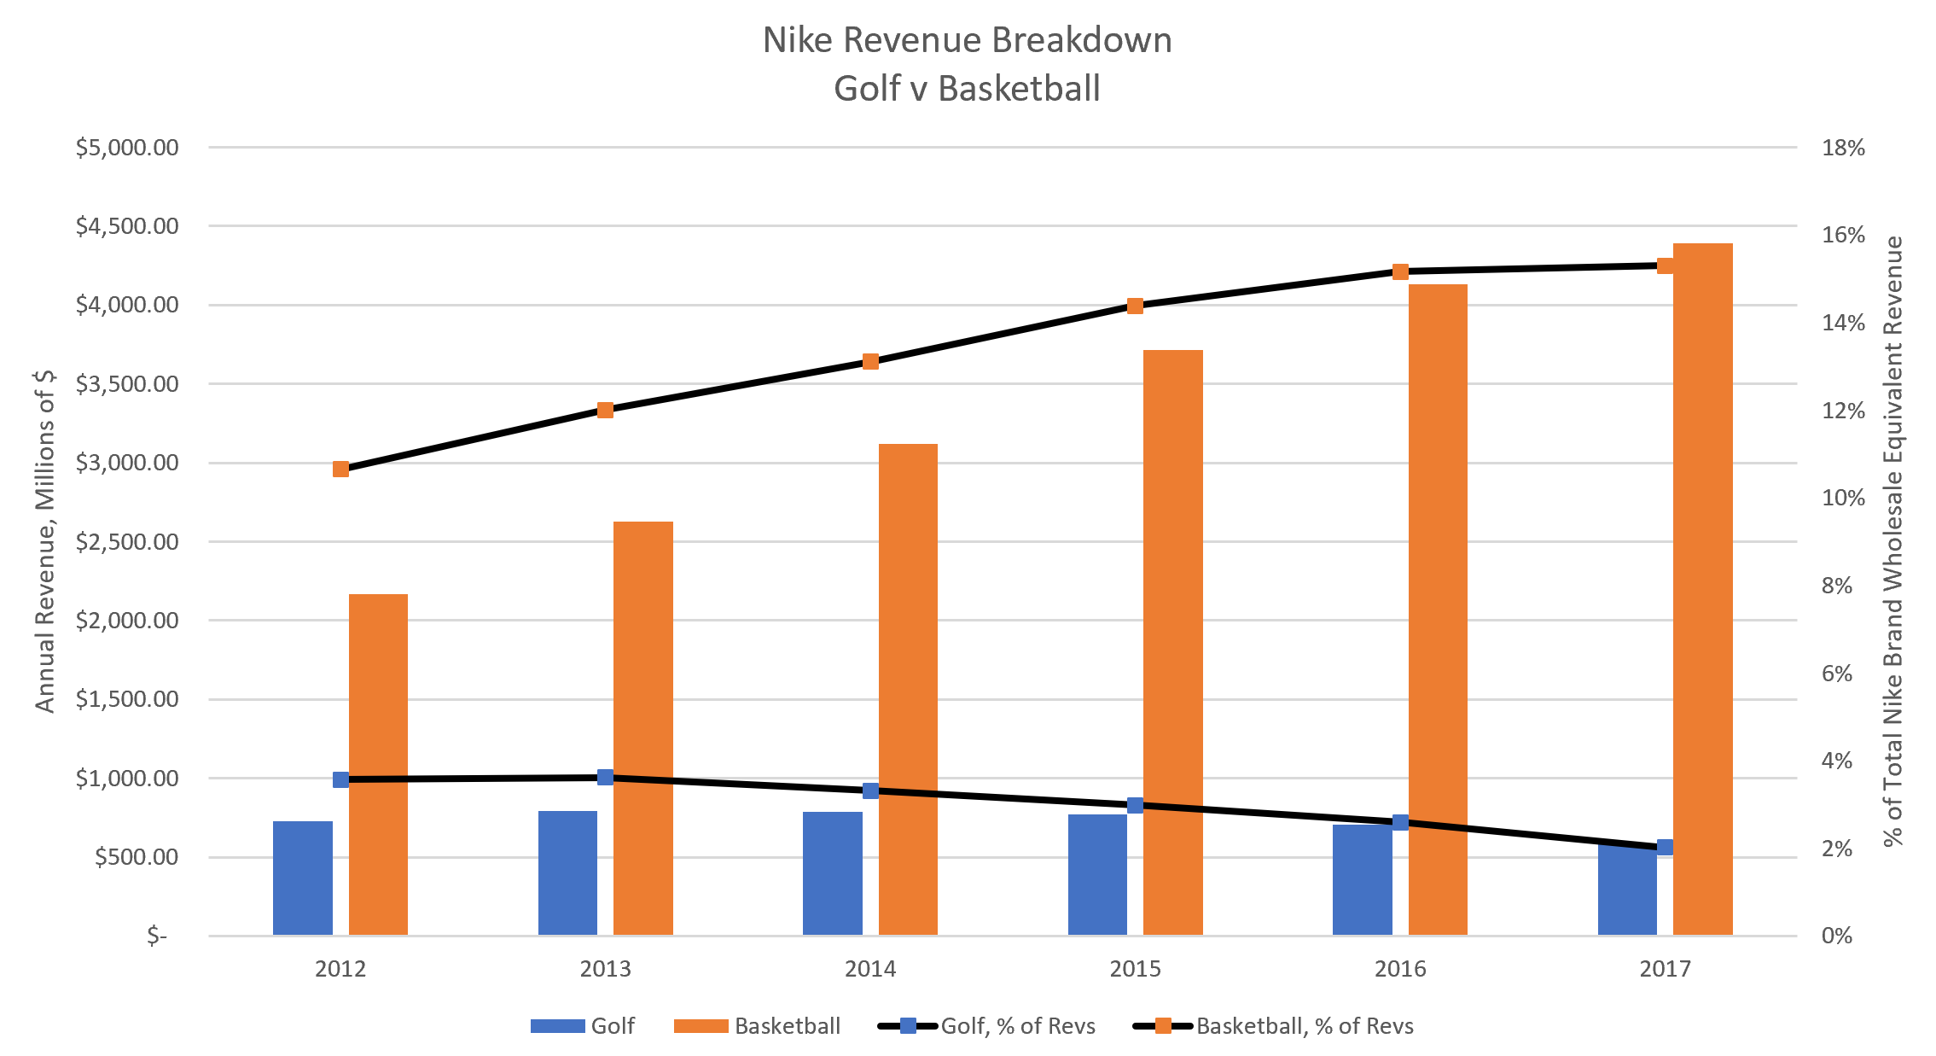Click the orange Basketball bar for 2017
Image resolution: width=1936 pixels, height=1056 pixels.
pyautogui.click(x=1702, y=589)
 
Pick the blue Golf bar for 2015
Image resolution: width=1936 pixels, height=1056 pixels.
pyautogui.click(x=1097, y=874)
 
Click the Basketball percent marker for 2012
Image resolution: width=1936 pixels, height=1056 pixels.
pyautogui.click(x=340, y=469)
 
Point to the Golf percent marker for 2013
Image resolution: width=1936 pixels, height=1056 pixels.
pyautogui.click(x=605, y=777)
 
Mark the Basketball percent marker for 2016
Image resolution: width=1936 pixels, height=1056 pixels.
pyautogui.click(x=1400, y=271)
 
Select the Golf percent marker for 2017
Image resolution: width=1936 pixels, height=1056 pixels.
pyautogui.click(x=1665, y=847)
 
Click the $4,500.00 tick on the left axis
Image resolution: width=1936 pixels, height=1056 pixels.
pyautogui.click(x=127, y=226)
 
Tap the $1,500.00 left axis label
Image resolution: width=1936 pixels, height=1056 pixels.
pyautogui.click(x=127, y=699)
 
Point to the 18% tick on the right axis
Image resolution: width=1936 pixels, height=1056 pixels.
pyautogui.click(x=1843, y=148)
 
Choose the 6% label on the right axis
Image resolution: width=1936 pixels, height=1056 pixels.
pyautogui.click(x=1837, y=674)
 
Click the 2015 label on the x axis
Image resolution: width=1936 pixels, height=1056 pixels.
pyautogui.click(x=1135, y=969)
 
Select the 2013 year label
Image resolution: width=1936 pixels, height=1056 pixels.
pyautogui.click(x=605, y=969)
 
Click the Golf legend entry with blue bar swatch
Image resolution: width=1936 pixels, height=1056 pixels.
pyautogui.click(x=583, y=1025)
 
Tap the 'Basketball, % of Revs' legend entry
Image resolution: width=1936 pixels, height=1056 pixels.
pyautogui.click(x=1273, y=1025)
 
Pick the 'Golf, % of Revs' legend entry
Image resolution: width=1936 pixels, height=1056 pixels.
pyautogui.click(x=987, y=1025)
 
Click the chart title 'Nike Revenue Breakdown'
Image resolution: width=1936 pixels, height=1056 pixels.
pyautogui.click(x=967, y=40)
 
